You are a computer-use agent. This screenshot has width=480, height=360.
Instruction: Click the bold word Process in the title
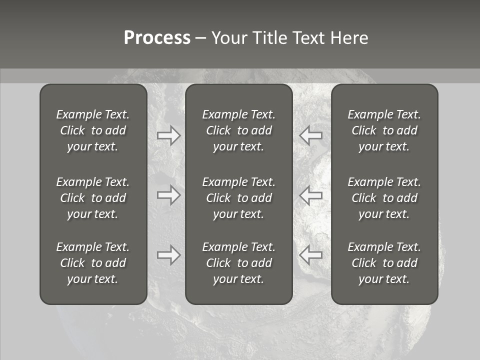[x=157, y=38]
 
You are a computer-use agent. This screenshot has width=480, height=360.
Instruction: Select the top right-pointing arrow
[x=169, y=135]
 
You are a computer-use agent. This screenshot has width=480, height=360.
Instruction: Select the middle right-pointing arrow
[x=169, y=195]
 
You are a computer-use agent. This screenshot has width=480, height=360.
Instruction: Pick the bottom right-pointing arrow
[x=169, y=255]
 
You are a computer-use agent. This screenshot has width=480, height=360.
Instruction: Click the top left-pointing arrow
[x=310, y=135]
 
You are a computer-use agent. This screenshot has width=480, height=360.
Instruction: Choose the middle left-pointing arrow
[x=310, y=195]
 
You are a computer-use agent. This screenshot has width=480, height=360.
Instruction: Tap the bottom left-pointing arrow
[x=310, y=255]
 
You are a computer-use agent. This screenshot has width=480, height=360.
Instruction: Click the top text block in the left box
[x=93, y=130]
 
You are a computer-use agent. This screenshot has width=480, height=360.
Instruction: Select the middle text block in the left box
[x=93, y=198]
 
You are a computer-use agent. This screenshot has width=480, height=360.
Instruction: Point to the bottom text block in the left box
[x=93, y=263]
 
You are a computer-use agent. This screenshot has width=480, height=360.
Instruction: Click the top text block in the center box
[x=239, y=130]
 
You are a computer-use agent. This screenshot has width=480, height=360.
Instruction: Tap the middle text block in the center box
[x=239, y=198]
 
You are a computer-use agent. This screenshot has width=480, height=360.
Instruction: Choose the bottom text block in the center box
[x=239, y=263]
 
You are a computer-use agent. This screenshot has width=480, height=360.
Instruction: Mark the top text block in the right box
[x=384, y=130]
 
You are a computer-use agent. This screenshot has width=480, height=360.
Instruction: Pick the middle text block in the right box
[x=384, y=198]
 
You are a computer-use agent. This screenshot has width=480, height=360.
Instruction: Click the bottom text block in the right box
[x=384, y=263]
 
